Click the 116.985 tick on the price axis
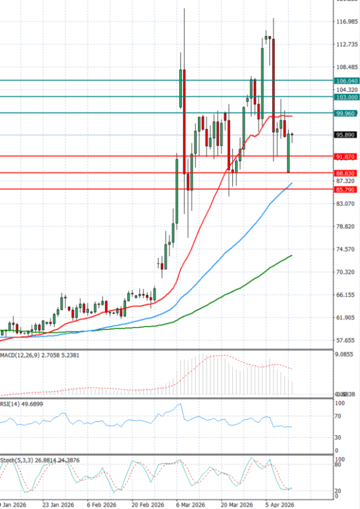(347, 22)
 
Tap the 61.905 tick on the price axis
(347, 318)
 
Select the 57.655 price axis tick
(347, 340)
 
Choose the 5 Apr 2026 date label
(280, 504)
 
